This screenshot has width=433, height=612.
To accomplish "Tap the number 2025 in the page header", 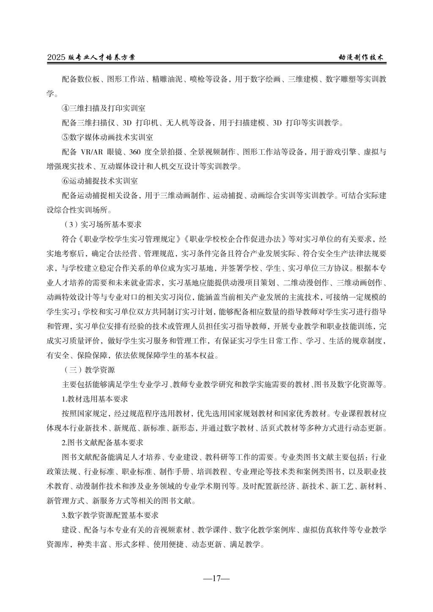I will click(56, 57).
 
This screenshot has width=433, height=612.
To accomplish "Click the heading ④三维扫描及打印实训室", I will click(103, 108).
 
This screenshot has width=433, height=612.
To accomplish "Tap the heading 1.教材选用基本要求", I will click(95, 399).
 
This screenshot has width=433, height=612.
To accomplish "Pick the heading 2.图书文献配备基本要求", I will click(102, 443).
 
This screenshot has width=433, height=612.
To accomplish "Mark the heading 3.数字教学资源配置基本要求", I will click(110, 515).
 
